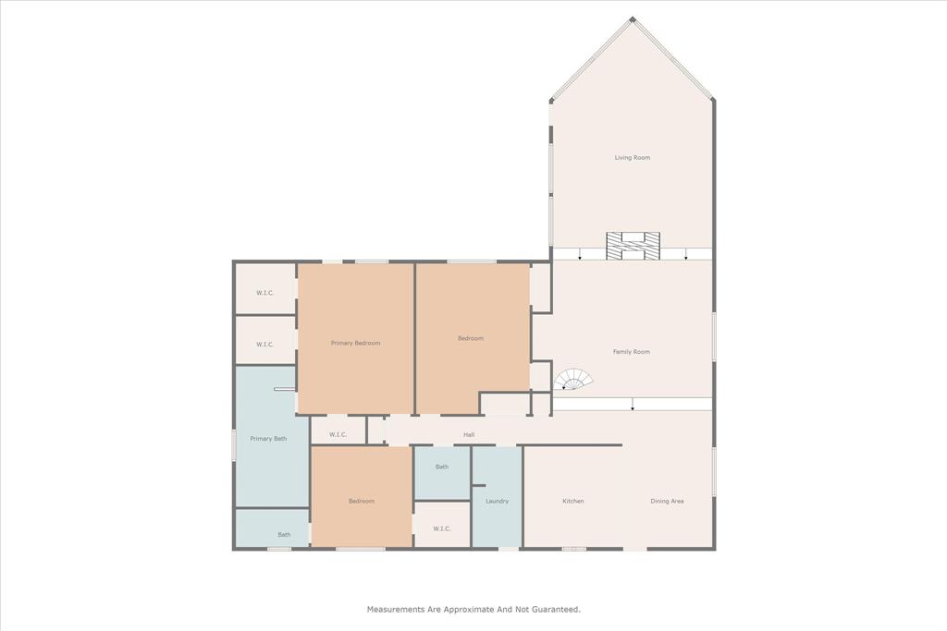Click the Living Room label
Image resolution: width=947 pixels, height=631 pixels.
coord(633,158)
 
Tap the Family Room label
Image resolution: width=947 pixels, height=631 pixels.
coord(632,352)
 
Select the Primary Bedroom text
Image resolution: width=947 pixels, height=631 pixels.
coord(355,343)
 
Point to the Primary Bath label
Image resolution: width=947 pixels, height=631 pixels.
coord(267,439)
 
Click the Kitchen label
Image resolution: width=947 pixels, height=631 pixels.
coord(573,502)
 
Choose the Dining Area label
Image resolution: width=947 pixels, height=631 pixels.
coord(667,502)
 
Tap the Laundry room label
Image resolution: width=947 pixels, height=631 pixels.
coord(497,502)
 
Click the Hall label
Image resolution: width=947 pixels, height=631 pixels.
coord(469,435)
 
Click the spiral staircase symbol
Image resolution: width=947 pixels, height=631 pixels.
coord(573,380)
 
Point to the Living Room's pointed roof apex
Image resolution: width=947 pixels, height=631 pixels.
coord(633,19)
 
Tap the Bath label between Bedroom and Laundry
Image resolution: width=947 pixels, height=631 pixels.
coord(442,467)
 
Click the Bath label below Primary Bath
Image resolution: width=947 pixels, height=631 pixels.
coord(285,535)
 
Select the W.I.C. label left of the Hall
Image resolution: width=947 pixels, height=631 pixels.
coord(338,435)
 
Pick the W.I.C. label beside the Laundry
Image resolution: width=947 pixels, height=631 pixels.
coord(442,528)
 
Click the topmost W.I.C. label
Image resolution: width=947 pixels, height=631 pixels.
coord(264,293)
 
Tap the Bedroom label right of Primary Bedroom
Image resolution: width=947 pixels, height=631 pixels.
coord(471,338)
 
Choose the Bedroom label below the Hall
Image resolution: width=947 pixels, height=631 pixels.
coord(361,502)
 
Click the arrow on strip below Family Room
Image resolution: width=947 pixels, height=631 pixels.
coord(633,406)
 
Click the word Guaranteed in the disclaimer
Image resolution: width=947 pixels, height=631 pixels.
coord(551,610)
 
